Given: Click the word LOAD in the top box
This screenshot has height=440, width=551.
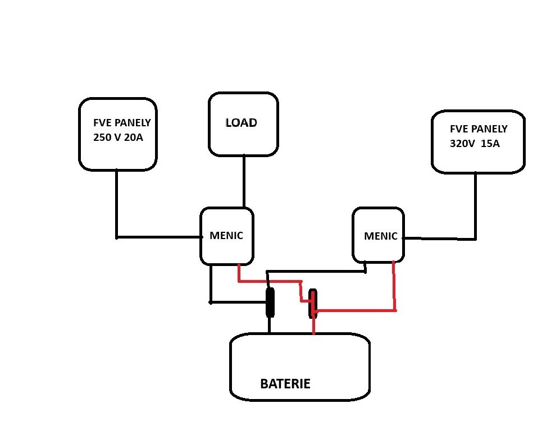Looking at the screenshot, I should (241, 123).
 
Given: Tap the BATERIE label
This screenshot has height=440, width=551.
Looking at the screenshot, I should (285, 384).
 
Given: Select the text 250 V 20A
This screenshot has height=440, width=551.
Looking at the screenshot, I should (119, 137).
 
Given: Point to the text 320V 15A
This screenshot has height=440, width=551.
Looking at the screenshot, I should (475, 143).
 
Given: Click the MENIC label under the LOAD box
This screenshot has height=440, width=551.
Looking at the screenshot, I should (226, 236).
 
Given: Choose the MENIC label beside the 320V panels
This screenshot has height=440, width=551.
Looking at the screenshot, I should (380, 236).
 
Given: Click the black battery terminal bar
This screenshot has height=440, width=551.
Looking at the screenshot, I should (270, 303).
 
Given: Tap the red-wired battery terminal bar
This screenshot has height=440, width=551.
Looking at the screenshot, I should (313, 303).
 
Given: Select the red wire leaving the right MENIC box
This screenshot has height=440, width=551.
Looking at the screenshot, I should (394, 286).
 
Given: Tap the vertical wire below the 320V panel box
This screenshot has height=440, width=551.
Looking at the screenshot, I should (476, 205).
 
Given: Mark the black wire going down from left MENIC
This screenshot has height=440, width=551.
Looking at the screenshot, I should (211, 283).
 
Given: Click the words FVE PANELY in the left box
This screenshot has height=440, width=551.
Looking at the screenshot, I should (122, 123).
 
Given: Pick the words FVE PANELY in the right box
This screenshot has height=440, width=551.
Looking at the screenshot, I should (479, 129).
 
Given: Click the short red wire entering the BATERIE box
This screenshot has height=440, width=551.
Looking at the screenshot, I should (313, 326).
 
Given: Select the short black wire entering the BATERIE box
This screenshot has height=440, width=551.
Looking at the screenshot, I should (270, 326).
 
